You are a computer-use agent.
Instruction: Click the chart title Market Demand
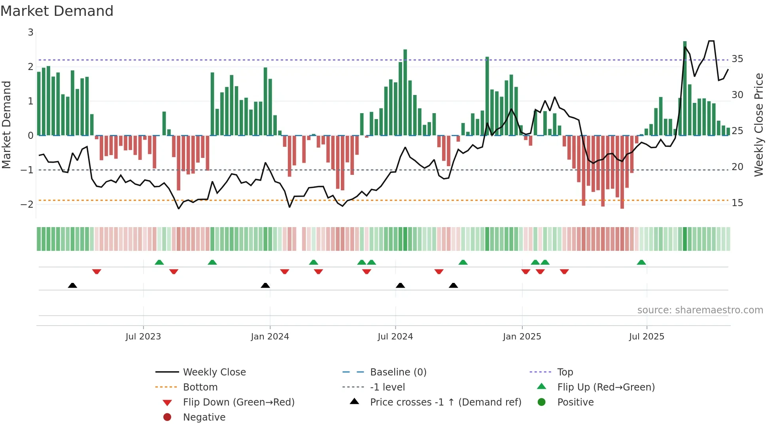57,11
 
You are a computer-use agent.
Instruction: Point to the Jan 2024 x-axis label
270,337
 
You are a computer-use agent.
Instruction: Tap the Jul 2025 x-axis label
646,337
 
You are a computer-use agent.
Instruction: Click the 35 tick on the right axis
737,59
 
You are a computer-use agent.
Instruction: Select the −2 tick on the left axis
27,205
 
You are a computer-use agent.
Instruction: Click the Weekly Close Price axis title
758,125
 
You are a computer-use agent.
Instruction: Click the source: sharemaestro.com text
700,310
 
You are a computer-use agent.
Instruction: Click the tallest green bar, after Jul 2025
685,89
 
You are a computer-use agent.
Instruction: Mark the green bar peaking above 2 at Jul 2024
405,93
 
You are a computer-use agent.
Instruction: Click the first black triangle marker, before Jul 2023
72,285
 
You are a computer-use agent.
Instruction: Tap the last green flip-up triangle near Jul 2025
641,262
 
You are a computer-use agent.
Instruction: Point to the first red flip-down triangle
96,271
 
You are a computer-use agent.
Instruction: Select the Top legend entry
565,372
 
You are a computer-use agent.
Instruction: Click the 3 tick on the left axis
30,32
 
